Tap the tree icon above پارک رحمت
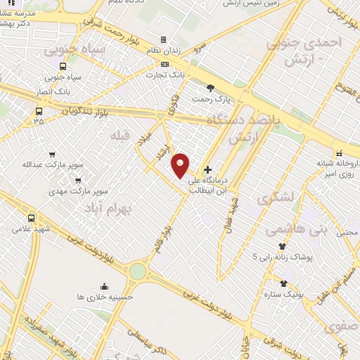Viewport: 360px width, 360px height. tap(210, 87)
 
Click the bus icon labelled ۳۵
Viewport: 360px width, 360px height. tap(38, 110)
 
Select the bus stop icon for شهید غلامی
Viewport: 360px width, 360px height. tap(31, 218)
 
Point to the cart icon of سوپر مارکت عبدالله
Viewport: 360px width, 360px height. tap(52, 155)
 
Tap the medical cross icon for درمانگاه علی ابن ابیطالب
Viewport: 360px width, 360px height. tap(207, 169)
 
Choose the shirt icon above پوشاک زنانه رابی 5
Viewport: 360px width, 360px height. tap(282, 247)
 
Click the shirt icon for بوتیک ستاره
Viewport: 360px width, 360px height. tap(283, 283)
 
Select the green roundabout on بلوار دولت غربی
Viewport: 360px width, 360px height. tap(138, 271)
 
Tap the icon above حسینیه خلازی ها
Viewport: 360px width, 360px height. tap(104, 286)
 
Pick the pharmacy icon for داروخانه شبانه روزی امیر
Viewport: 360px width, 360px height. tap(339, 153)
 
